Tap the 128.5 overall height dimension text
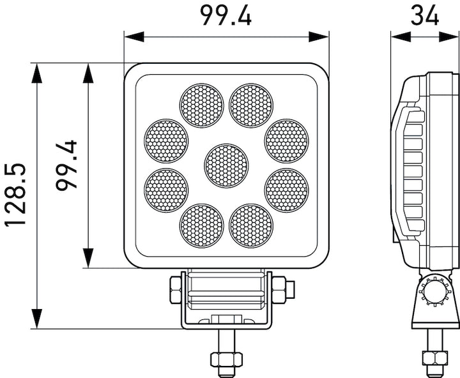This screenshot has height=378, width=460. pos(15,194)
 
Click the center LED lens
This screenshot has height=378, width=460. pos(226,165)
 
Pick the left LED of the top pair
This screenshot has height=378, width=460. pos(201,105)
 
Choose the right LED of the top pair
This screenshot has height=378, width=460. pos(251,105)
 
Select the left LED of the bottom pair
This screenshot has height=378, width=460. pos(201,225)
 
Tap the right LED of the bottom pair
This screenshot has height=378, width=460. pos(251,225)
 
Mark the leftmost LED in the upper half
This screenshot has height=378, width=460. pos(166,140)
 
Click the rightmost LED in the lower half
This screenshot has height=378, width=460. pos(286,190)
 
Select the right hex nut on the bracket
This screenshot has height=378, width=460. pos(281,290)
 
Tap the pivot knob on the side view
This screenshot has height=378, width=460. pos(433,295)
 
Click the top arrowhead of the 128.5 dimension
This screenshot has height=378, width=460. pos(37,72)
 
